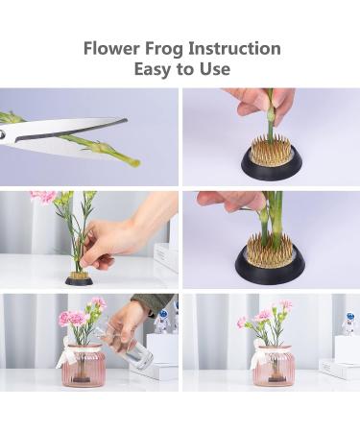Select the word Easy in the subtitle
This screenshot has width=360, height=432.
(152, 70)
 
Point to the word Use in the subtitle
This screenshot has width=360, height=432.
(215, 70)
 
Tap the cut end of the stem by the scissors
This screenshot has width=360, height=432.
(130, 159)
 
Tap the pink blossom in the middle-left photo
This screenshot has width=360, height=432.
(44, 197)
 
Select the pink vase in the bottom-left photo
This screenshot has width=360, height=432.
(83, 365)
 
